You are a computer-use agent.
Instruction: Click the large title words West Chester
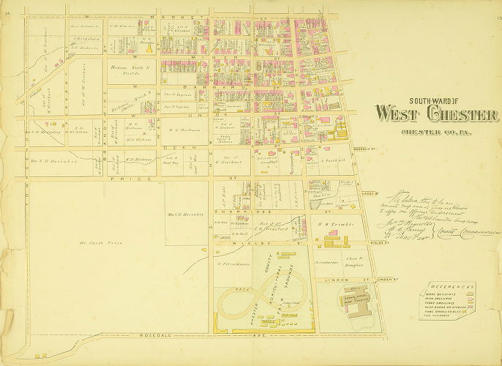point(436,115)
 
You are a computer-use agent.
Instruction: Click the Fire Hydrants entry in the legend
point(444,318)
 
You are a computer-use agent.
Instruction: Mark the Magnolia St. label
point(362,152)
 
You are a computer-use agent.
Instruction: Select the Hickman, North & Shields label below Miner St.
point(130,70)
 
